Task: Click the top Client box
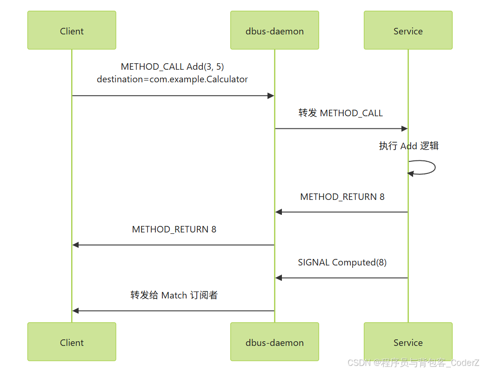(x=72, y=30)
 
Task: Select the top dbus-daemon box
(x=274, y=30)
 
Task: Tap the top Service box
(x=408, y=30)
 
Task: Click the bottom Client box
(x=72, y=342)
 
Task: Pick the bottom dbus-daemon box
(x=274, y=342)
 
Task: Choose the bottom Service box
(x=408, y=342)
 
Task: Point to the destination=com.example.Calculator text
(x=172, y=79)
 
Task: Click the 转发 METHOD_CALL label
(x=341, y=113)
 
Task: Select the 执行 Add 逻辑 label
(x=408, y=146)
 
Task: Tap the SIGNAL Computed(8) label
(x=342, y=263)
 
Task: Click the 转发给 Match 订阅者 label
(x=174, y=295)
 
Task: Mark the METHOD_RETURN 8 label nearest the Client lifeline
(x=174, y=229)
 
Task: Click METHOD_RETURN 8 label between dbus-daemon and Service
(x=342, y=197)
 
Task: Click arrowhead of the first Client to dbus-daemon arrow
(x=271, y=96)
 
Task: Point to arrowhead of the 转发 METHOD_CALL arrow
(x=404, y=129)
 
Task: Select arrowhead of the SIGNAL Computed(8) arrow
(x=279, y=278)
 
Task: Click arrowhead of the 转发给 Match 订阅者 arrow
(x=76, y=311)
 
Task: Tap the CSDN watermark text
(x=413, y=363)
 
